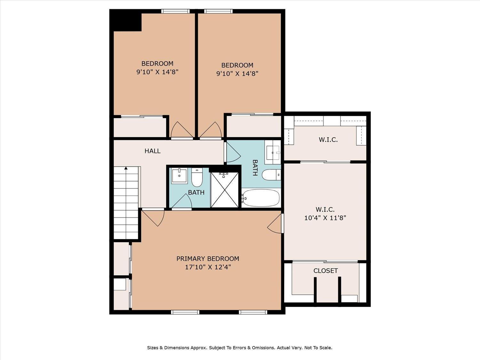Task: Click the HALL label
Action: [x=152, y=151]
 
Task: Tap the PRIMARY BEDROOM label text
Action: [x=208, y=259]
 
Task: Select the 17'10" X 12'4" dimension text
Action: [x=208, y=267]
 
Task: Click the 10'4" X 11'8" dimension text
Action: [x=325, y=218]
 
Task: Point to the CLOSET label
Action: [x=326, y=271]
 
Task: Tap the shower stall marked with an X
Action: [x=224, y=189]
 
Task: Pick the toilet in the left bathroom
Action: [x=197, y=177]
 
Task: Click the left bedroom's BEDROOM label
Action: [x=157, y=64]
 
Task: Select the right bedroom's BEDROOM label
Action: [x=237, y=65]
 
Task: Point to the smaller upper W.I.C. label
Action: [x=328, y=140]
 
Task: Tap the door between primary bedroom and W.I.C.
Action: [x=275, y=223]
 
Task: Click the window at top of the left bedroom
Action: [x=175, y=11]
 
